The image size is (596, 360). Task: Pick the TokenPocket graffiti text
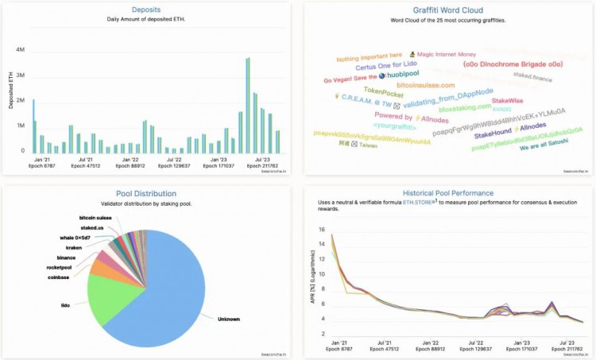coord(385,91)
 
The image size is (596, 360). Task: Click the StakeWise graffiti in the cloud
coord(508,101)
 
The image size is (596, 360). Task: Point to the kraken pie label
coord(74,247)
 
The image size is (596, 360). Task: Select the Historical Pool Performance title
coord(447,193)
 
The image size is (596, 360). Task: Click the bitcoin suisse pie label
coord(94,217)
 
